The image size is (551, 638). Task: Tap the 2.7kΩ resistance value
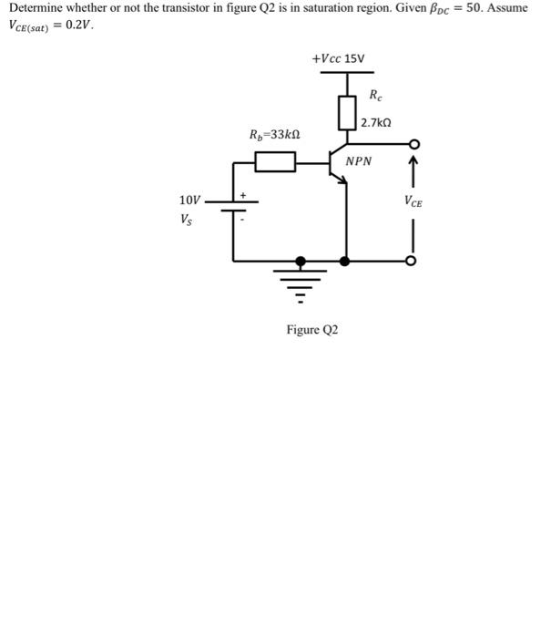tap(376, 122)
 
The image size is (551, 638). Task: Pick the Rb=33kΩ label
tap(276, 136)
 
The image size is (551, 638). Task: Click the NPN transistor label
tap(360, 161)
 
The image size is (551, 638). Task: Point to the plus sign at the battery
tap(243, 194)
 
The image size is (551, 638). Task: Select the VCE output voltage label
tap(413, 201)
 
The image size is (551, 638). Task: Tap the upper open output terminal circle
tap(413, 145)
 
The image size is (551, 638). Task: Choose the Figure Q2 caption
tap(312, 329)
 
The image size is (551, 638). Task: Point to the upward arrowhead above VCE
tap(413, 164)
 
